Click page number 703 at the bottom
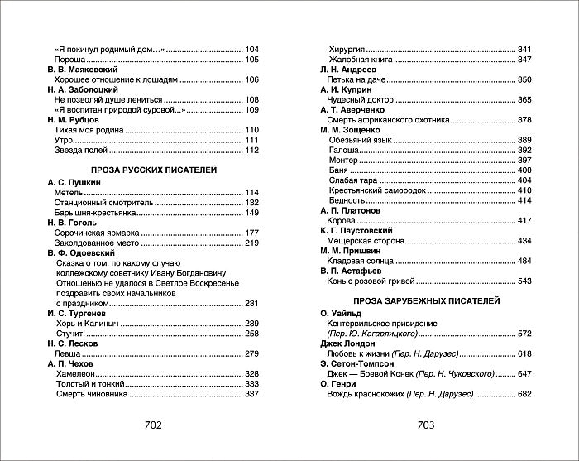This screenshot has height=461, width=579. point(426,425)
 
